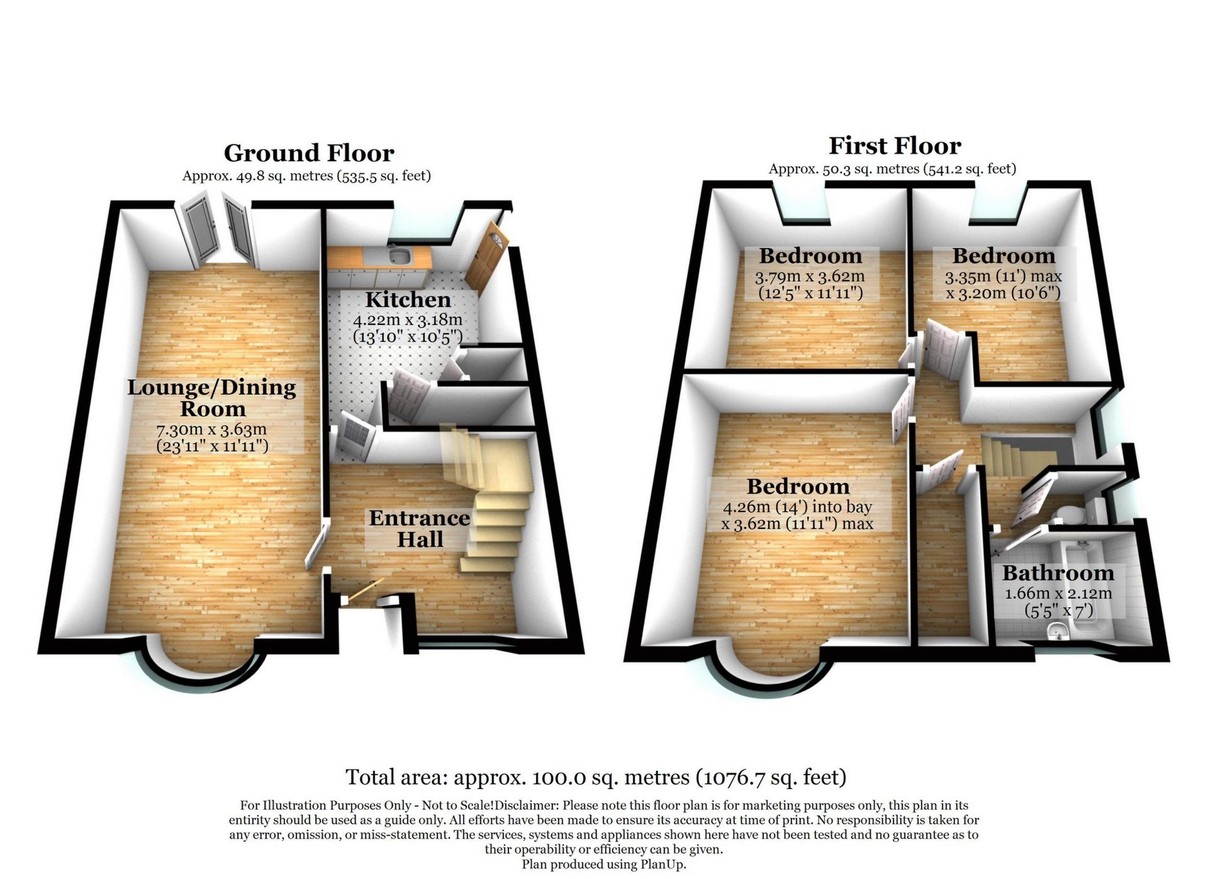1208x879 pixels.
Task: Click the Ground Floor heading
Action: click(309, 153)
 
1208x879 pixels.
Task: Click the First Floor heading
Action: click(894, 146)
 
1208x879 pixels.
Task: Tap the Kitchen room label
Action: click(408, 299)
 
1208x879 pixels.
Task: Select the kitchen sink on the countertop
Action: click(398, 256)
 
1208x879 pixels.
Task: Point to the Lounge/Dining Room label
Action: click(212, 397)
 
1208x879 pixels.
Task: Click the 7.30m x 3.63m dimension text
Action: click(212, 430)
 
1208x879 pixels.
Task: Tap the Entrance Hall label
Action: click(420, 528)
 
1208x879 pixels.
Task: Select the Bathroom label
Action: click(1058, 573)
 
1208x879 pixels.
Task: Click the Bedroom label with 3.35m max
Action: click(1003, 256)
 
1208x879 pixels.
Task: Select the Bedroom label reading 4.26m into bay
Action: click(798, 487)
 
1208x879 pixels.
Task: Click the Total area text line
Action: click(596, 777)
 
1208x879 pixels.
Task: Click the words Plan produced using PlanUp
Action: click(603, 865)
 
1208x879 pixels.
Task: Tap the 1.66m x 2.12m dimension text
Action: click(1058, 594)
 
